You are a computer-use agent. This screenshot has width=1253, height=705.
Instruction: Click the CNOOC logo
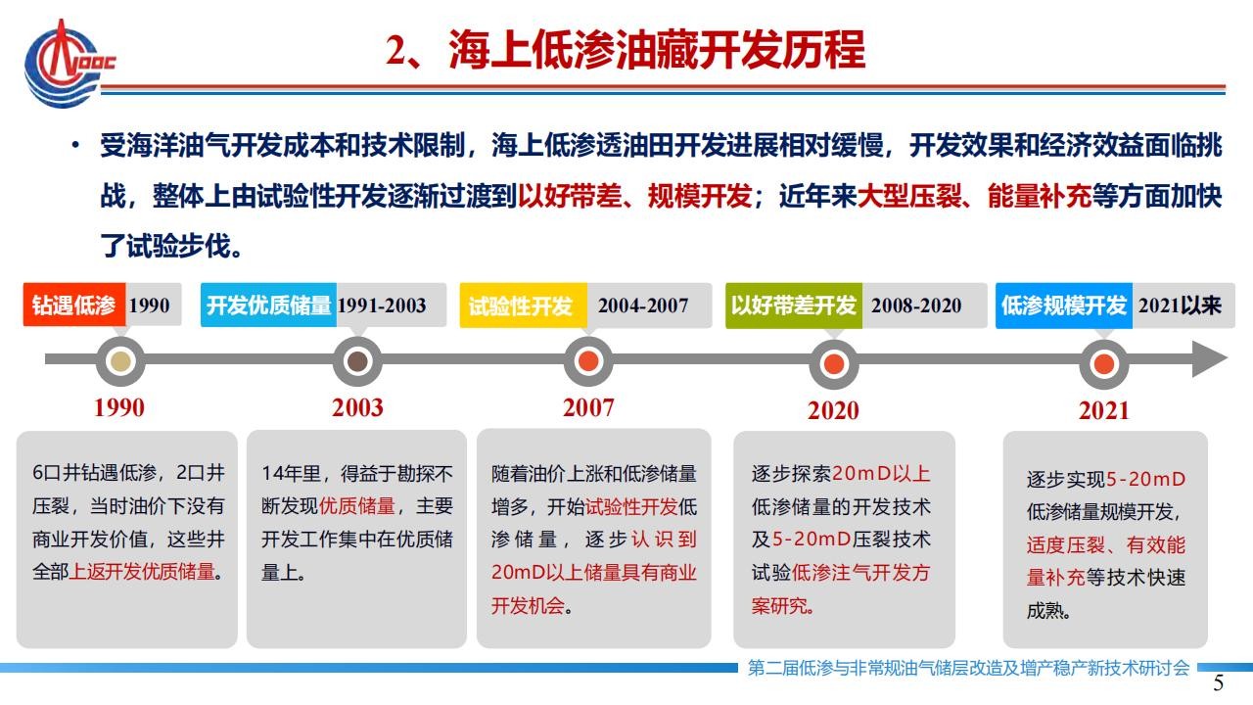click(x=69, y=64)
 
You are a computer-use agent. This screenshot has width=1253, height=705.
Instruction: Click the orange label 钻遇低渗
click(x=73, y=305)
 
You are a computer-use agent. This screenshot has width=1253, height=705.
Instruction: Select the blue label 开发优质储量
click(x=268, y=305)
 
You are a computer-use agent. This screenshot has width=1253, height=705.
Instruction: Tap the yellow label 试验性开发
click(x=523, y=305)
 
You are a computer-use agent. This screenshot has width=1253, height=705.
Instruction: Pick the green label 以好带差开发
click(x=794, y=305)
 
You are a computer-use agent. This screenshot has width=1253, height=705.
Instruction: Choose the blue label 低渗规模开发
click(x=1064, y=305)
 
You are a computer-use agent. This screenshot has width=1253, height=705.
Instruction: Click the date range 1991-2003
click(x=382, y=305)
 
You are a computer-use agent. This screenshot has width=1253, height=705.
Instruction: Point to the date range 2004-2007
click(x=643, y=305)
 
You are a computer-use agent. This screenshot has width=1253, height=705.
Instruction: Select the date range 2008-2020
click(x=916, y=305)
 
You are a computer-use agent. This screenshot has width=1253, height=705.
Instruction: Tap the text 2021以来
click(x=1180, y=305)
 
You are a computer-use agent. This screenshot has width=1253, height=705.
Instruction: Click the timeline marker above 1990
click(x=120, y=361)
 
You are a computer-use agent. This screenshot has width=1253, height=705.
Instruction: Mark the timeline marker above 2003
click(x=357, y=361)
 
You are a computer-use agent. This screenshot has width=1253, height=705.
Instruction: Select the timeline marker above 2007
click(x=588, y=361)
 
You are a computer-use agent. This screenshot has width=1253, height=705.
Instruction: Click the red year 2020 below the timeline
click(x=833, y=410)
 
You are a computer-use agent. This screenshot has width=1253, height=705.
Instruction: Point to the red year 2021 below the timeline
click(x=1103, y=410)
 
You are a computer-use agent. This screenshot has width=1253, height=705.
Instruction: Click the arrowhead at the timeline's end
click(x=1210, y=358)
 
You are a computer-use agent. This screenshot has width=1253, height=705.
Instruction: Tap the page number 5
click(x=1219, y=683)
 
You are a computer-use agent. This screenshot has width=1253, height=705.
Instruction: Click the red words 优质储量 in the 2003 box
click(x=357, y=506)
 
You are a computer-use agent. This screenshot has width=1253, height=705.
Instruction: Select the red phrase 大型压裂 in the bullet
click(x=909, y=197)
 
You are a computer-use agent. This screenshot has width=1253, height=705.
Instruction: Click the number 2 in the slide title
click(x=396, y=51)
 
